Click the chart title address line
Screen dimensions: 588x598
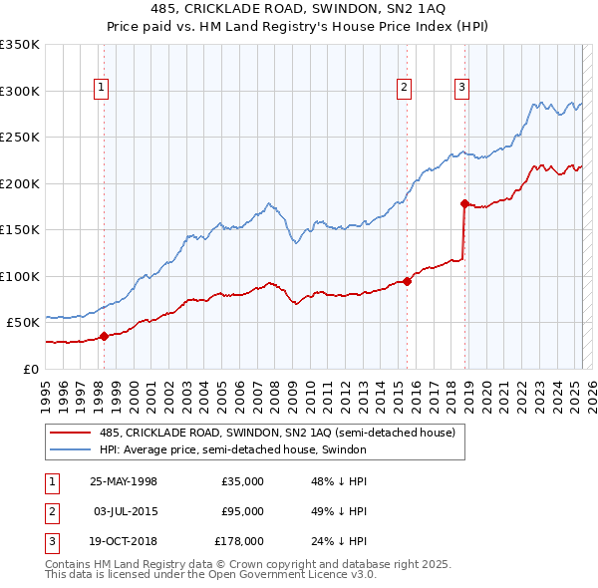(298, 9)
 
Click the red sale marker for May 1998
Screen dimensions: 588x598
(104, 336)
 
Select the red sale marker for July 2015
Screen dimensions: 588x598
(407, 280)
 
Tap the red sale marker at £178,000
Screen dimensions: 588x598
(464, 203)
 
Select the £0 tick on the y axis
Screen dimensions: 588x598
(32, 369)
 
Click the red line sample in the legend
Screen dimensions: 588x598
(71, 433)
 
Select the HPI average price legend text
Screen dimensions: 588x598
(233, 449)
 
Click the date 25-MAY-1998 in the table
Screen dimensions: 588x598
(124, 481)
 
